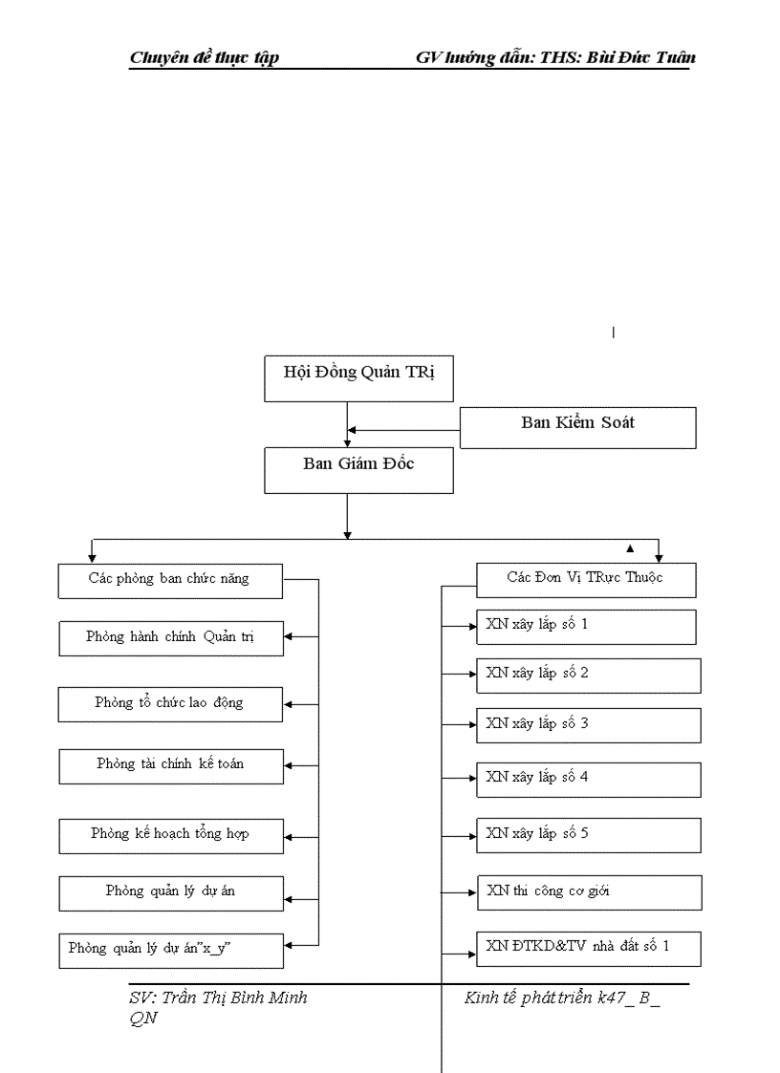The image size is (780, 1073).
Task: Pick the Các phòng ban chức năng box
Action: coord(170,580)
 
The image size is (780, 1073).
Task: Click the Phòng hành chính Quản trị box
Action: coord(170,638)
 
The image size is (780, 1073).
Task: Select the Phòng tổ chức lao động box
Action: coord(170,704)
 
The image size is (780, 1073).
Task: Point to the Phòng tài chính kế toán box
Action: coord(170,765)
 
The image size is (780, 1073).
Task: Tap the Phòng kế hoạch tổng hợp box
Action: coord(170,835)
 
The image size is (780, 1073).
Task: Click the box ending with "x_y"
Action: coord(170,950)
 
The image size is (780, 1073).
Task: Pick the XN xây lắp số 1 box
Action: coord(585,627)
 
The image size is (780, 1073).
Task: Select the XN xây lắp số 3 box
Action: coord(588,725)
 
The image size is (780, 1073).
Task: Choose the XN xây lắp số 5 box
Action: coord(588,835)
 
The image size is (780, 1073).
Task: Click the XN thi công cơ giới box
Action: coord(589,892)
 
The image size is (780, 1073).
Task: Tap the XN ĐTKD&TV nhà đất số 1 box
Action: coord(589,948)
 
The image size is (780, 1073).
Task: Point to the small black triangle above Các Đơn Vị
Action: coord(630,548)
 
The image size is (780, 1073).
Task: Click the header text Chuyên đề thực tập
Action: coord(204,58)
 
